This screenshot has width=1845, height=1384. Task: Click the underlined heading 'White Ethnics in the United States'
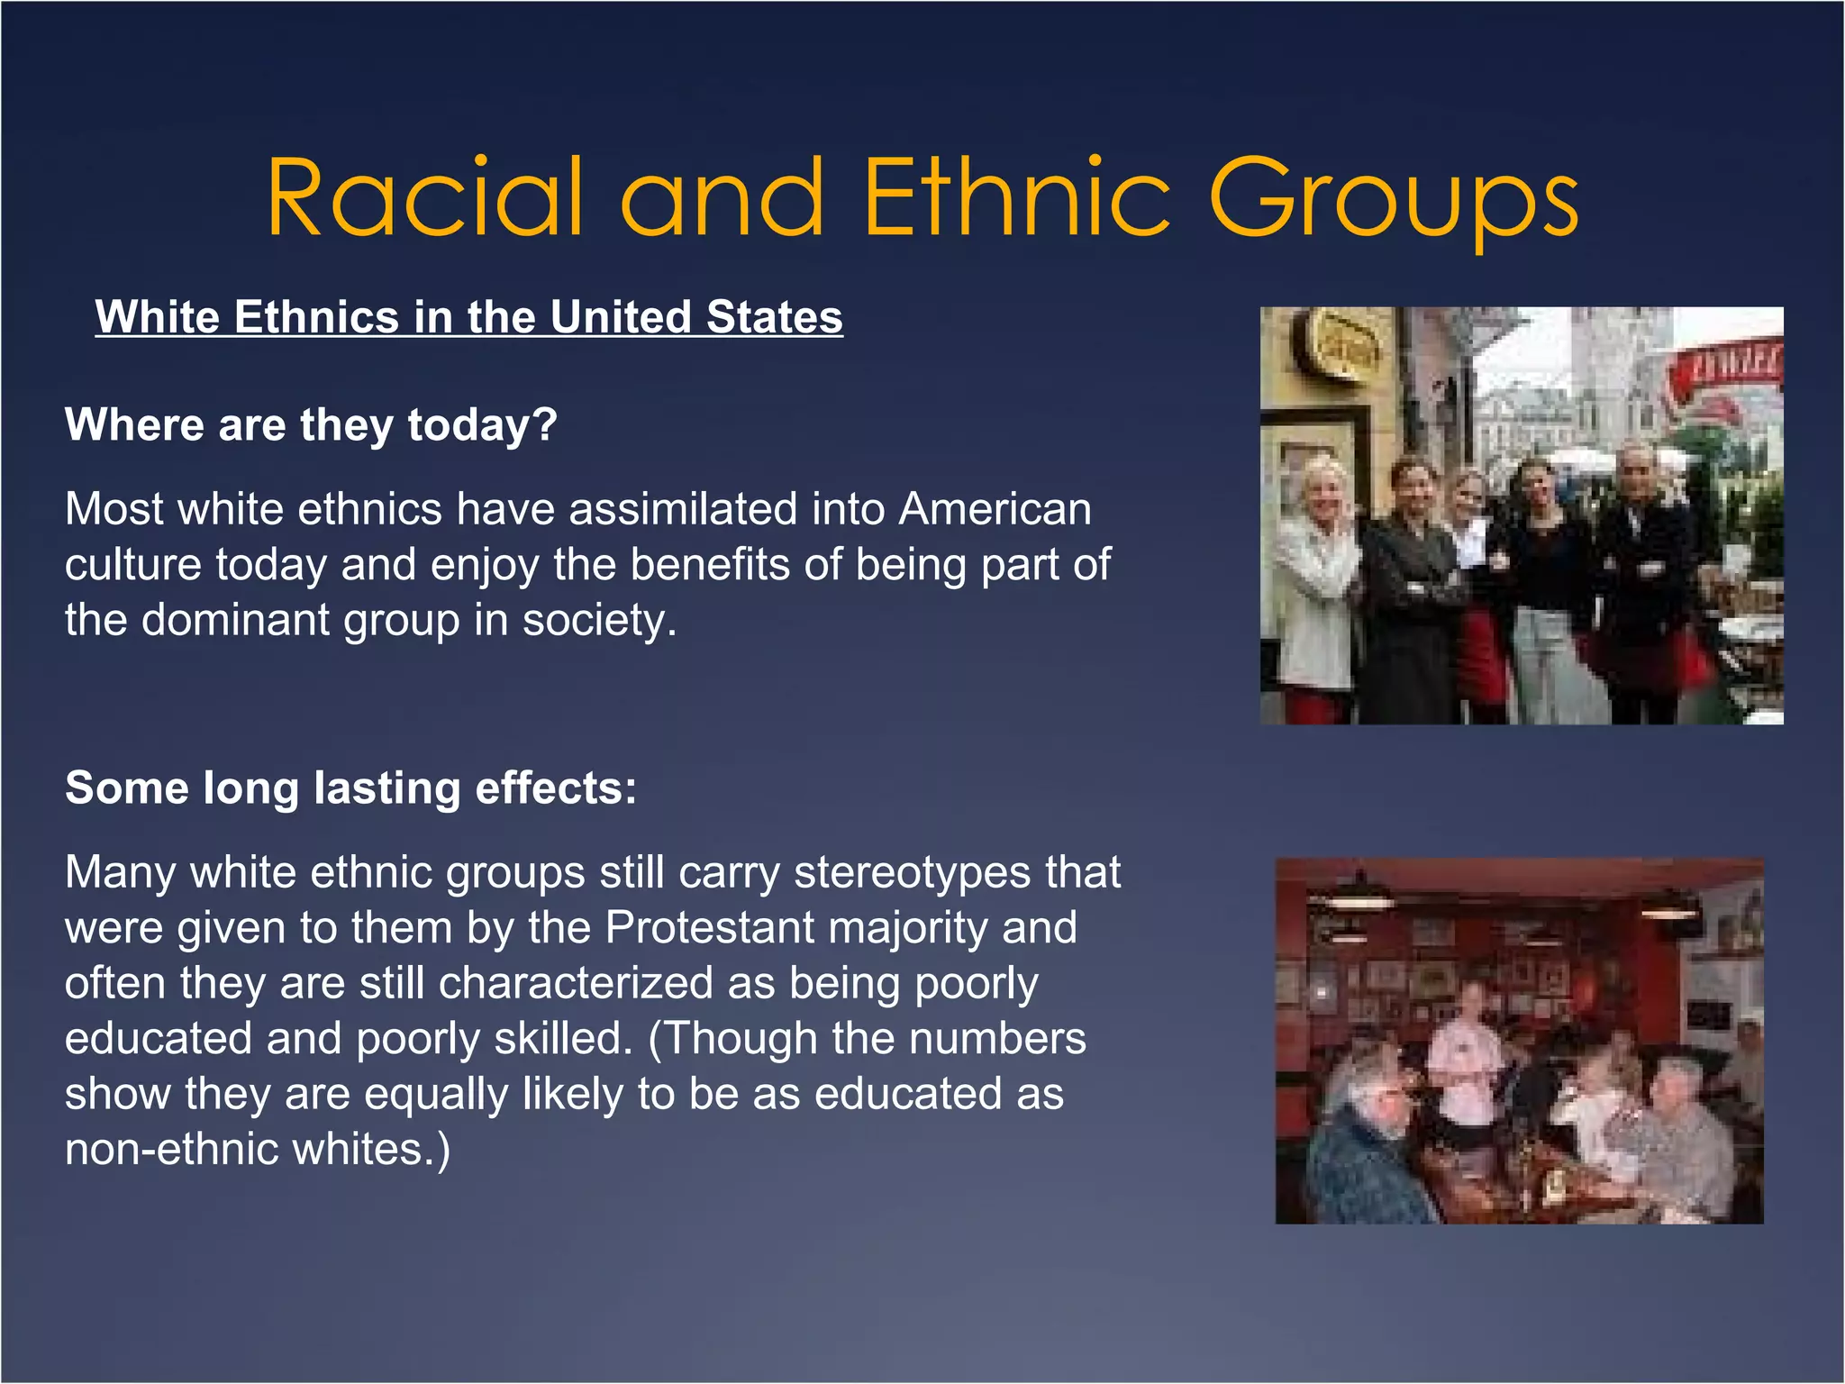coord(468,317)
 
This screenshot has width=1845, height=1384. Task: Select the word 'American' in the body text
coord(995,509)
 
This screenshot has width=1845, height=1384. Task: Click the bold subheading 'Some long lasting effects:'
coord(350,788)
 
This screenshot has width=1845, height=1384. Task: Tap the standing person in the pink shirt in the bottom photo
coord(1468,1063)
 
